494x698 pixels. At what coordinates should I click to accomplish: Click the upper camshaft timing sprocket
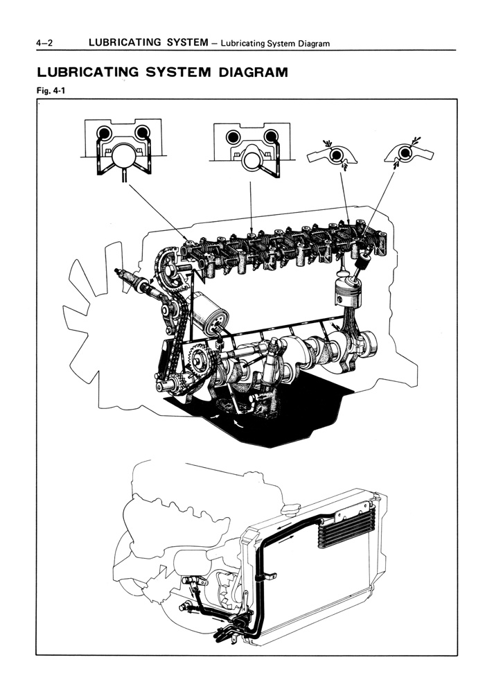point(166,267)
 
